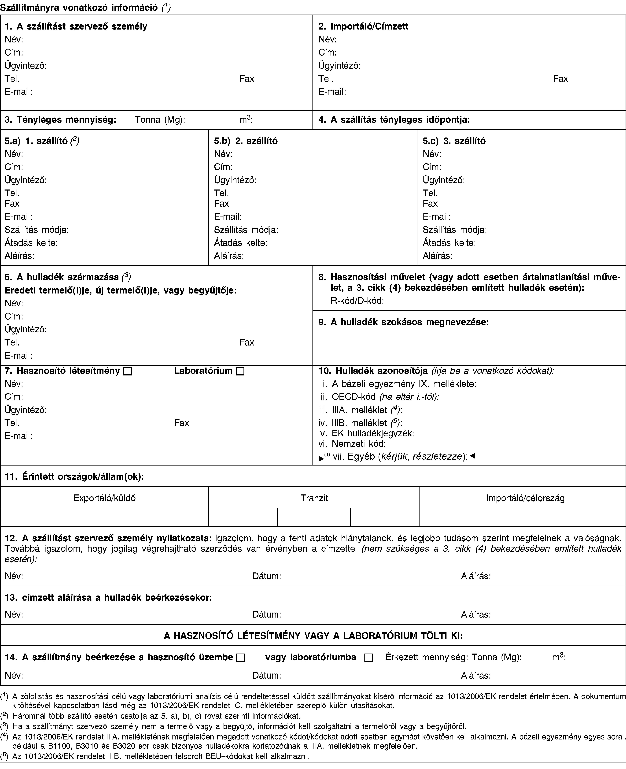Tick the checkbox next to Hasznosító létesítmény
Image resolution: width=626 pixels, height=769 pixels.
coord(127,371)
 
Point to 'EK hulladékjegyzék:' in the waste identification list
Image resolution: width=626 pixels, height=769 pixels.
coord(373,433)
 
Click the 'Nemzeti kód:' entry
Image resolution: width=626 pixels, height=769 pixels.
coord(359,443)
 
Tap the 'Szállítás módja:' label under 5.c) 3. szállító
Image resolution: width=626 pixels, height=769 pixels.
coord(454,229)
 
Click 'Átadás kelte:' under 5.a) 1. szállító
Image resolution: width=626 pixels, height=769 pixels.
coord(31,243)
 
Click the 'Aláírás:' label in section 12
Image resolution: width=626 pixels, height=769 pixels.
coord(476,576)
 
